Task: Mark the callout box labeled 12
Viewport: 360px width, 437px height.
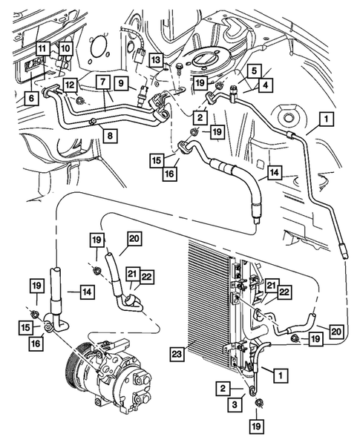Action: point(69,86)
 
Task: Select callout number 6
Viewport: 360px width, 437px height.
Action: point(30,97)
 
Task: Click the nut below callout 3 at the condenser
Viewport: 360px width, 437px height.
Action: point(259,404)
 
